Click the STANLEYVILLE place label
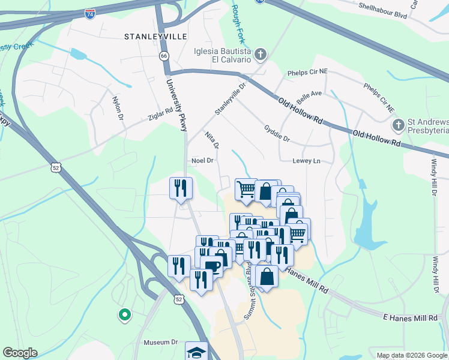click(151, 37)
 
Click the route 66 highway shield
click(163, 56)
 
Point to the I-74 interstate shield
click(90, 13)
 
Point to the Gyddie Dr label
click(277, 134)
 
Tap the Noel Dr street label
click(202, 161)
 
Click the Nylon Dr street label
click(118, 108)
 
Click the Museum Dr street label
click(161, 343)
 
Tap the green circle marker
click(124, 314)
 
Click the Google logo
click(20, 353)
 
